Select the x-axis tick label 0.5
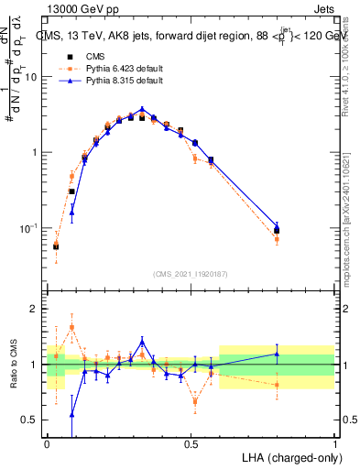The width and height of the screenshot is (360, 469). click(191, 444)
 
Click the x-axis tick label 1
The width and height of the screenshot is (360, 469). click(335, 444)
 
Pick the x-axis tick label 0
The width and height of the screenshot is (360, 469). click(47, 444)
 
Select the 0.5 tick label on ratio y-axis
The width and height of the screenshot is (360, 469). click(32, 420)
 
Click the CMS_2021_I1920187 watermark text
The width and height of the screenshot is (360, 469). click(191, 273)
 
